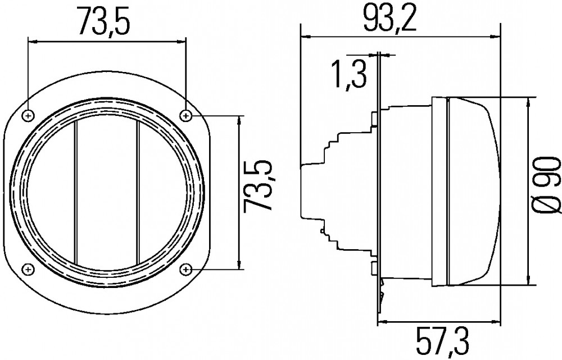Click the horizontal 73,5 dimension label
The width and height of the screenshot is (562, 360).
click(103, 22)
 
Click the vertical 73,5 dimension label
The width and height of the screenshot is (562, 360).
click(257, 186)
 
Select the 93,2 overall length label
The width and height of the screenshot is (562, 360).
click(389, 19)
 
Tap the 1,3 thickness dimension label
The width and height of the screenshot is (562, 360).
click(350, 74)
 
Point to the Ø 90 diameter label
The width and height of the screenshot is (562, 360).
click(547, 186)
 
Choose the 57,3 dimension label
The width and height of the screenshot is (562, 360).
click(442, 342)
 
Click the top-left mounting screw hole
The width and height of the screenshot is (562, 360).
click(28, 115)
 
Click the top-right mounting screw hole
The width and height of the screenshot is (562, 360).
click(185, 115)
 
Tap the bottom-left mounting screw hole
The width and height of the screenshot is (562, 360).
click(28, 269)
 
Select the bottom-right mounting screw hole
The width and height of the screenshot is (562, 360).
click(185, 269)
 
